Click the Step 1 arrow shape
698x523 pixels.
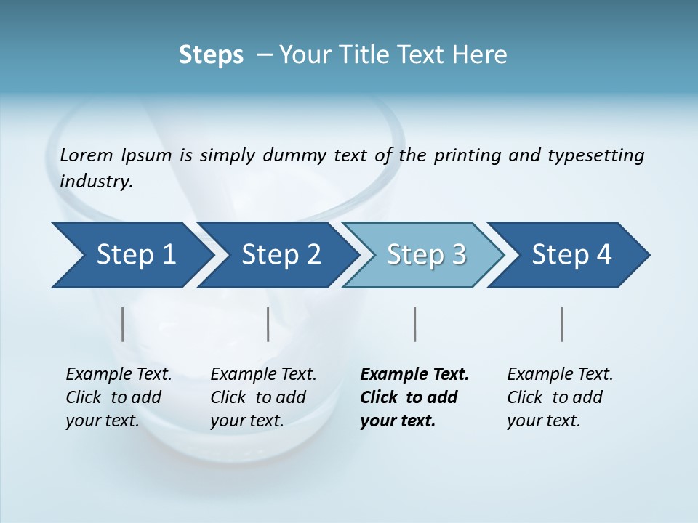coord(131,255)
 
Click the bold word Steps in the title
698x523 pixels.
coord(211,54)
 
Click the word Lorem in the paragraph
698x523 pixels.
coord(86,155)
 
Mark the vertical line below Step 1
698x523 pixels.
coord(123,324)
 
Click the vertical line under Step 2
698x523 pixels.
coord(268,324)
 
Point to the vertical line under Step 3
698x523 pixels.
coord(414,324)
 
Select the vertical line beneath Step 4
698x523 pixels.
coord(561,324)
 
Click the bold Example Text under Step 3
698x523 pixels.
coord(414,374)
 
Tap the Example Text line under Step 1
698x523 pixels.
coord(119,374)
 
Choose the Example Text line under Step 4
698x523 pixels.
coord(560,374)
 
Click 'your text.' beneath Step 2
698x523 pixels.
coord(246,421)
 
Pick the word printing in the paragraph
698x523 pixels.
coord(465,155)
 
